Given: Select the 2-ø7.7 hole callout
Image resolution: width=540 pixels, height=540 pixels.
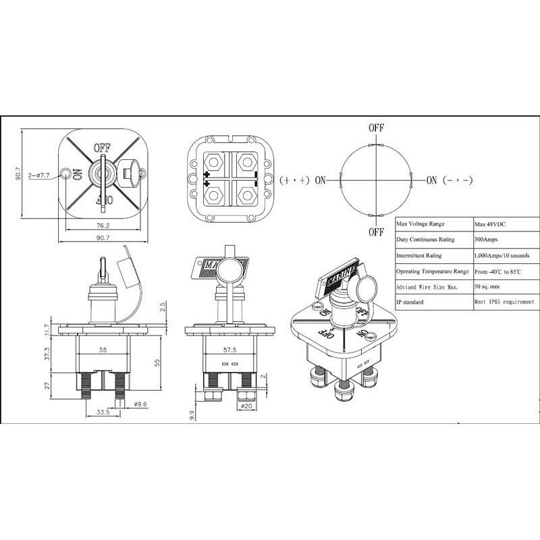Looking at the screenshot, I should click(x=40, y=175).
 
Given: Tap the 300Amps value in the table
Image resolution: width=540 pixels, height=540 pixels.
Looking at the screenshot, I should click(x=489, y=240).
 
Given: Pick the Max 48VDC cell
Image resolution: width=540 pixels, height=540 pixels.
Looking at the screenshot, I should click(x=493, y=224).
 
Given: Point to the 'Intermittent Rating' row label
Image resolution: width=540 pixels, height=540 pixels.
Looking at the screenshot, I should click(x=419, y=255).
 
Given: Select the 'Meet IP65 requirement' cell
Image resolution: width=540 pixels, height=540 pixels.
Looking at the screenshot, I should click(x=504, y=302).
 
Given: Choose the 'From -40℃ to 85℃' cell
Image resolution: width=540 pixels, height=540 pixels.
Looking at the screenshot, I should click(x=503, y=271).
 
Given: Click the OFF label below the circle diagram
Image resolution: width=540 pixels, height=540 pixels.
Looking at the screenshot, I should click(x=376, y=232).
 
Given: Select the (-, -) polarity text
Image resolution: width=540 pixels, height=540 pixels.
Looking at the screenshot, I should click(x=458, y=180).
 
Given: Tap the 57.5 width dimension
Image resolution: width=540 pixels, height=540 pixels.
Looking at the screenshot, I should click(x=230, y=352).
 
